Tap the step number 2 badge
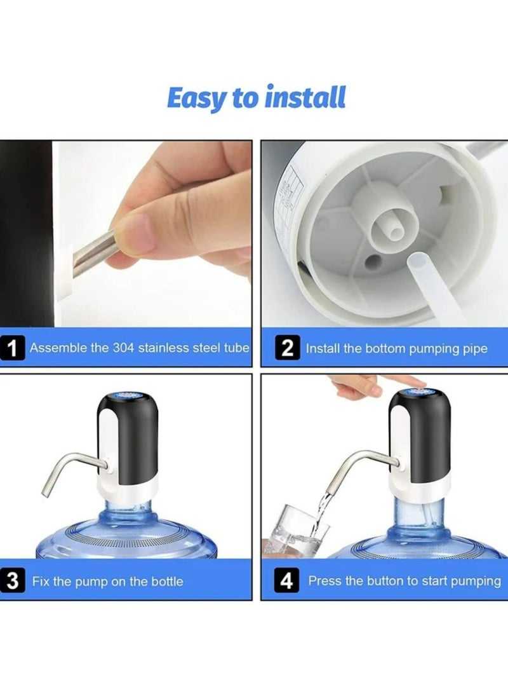pos(288,349)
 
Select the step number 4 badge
pos(288,582)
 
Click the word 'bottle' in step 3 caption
pos(166,582)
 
